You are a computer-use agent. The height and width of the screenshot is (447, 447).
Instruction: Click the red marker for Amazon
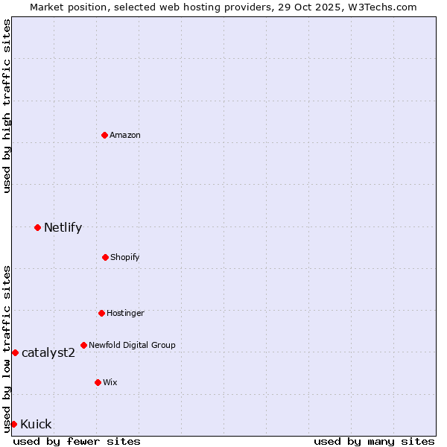(x=105, y=135)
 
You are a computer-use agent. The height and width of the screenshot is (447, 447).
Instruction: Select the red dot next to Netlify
(x=37, y=227)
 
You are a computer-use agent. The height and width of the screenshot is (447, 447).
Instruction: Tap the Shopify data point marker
(x=105, y=257)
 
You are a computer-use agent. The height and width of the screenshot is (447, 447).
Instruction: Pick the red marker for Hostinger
(x=101, y=313)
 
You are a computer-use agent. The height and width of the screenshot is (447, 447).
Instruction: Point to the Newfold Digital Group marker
(x=83, y=345)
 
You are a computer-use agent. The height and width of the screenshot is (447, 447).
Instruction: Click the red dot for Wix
(x=98, y=382)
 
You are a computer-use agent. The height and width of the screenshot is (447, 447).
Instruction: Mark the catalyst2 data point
(x=15, y=352)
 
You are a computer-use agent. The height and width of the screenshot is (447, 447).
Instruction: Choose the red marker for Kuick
(x=13, y=424)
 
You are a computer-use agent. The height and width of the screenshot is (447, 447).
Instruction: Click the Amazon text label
(x=125, y=135)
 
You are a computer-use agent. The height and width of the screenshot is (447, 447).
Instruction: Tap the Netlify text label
(x=63, y=227)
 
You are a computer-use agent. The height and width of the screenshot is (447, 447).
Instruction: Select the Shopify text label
(x=125, y=257)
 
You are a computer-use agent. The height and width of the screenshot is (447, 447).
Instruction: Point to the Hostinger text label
(x=125, y=313)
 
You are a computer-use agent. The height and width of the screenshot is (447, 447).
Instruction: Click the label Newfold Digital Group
(x=132, y=345)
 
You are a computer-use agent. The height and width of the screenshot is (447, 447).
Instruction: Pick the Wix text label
(x=110, y=382)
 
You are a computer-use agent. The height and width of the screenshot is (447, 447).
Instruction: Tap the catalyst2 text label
(x=48, y=352)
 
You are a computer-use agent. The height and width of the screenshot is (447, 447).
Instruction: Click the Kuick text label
(x=36, y=424)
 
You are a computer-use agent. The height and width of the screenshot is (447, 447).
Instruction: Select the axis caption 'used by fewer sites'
(x=77, y=441)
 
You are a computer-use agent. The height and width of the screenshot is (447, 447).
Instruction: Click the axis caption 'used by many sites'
(x=374, y=441)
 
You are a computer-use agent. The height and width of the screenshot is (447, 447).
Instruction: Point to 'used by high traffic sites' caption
(x=7, y=106)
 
